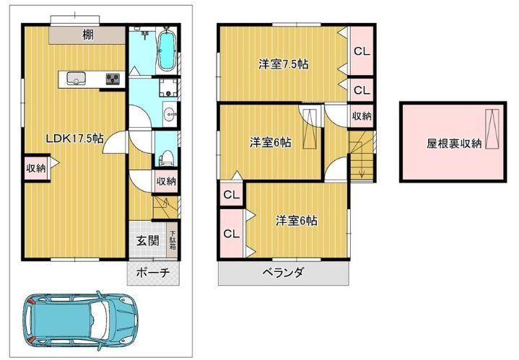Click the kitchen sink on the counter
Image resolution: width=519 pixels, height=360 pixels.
pyautogui.click(x=76, y=79)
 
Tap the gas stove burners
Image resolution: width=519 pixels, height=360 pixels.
pyautogui.click(x=113, y=79)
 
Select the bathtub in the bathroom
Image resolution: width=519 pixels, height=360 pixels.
pyautogui.click(x=166, y=51)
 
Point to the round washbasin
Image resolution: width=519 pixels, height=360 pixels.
pyautogui.click(x=171, y=115)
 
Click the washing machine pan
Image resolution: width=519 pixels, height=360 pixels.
pyautogui.click(x=168, y=87)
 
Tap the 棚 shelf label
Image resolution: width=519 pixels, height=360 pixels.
pyautogui.click(x=87, y=35)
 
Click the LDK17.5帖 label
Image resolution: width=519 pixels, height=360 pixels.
pyautogui.click(x=74, y=139)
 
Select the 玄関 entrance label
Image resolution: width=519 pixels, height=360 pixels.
pyautogui.click(x=148, y=240)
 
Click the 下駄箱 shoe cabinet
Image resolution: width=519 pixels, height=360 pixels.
pyautogui.click(x=172, y=240)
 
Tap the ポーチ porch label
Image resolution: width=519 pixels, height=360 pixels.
pyautogui.click(x=153, y=273)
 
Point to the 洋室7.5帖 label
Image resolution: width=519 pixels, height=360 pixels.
pyautogui.click(x=284, y=64)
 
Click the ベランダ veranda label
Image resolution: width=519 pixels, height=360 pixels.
pyautogui.click(x=283, y=273)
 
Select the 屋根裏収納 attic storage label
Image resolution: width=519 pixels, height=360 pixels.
pyautogui.click(x=454, y=144)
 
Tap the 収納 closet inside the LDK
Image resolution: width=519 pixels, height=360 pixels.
pyautogui.click(x=36, y=168)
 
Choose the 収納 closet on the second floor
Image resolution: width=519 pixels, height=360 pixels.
pyautogui.click(x=362, y=116)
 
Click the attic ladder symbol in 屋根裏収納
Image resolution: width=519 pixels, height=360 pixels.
pyautogui.click(x=492, y=128)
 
